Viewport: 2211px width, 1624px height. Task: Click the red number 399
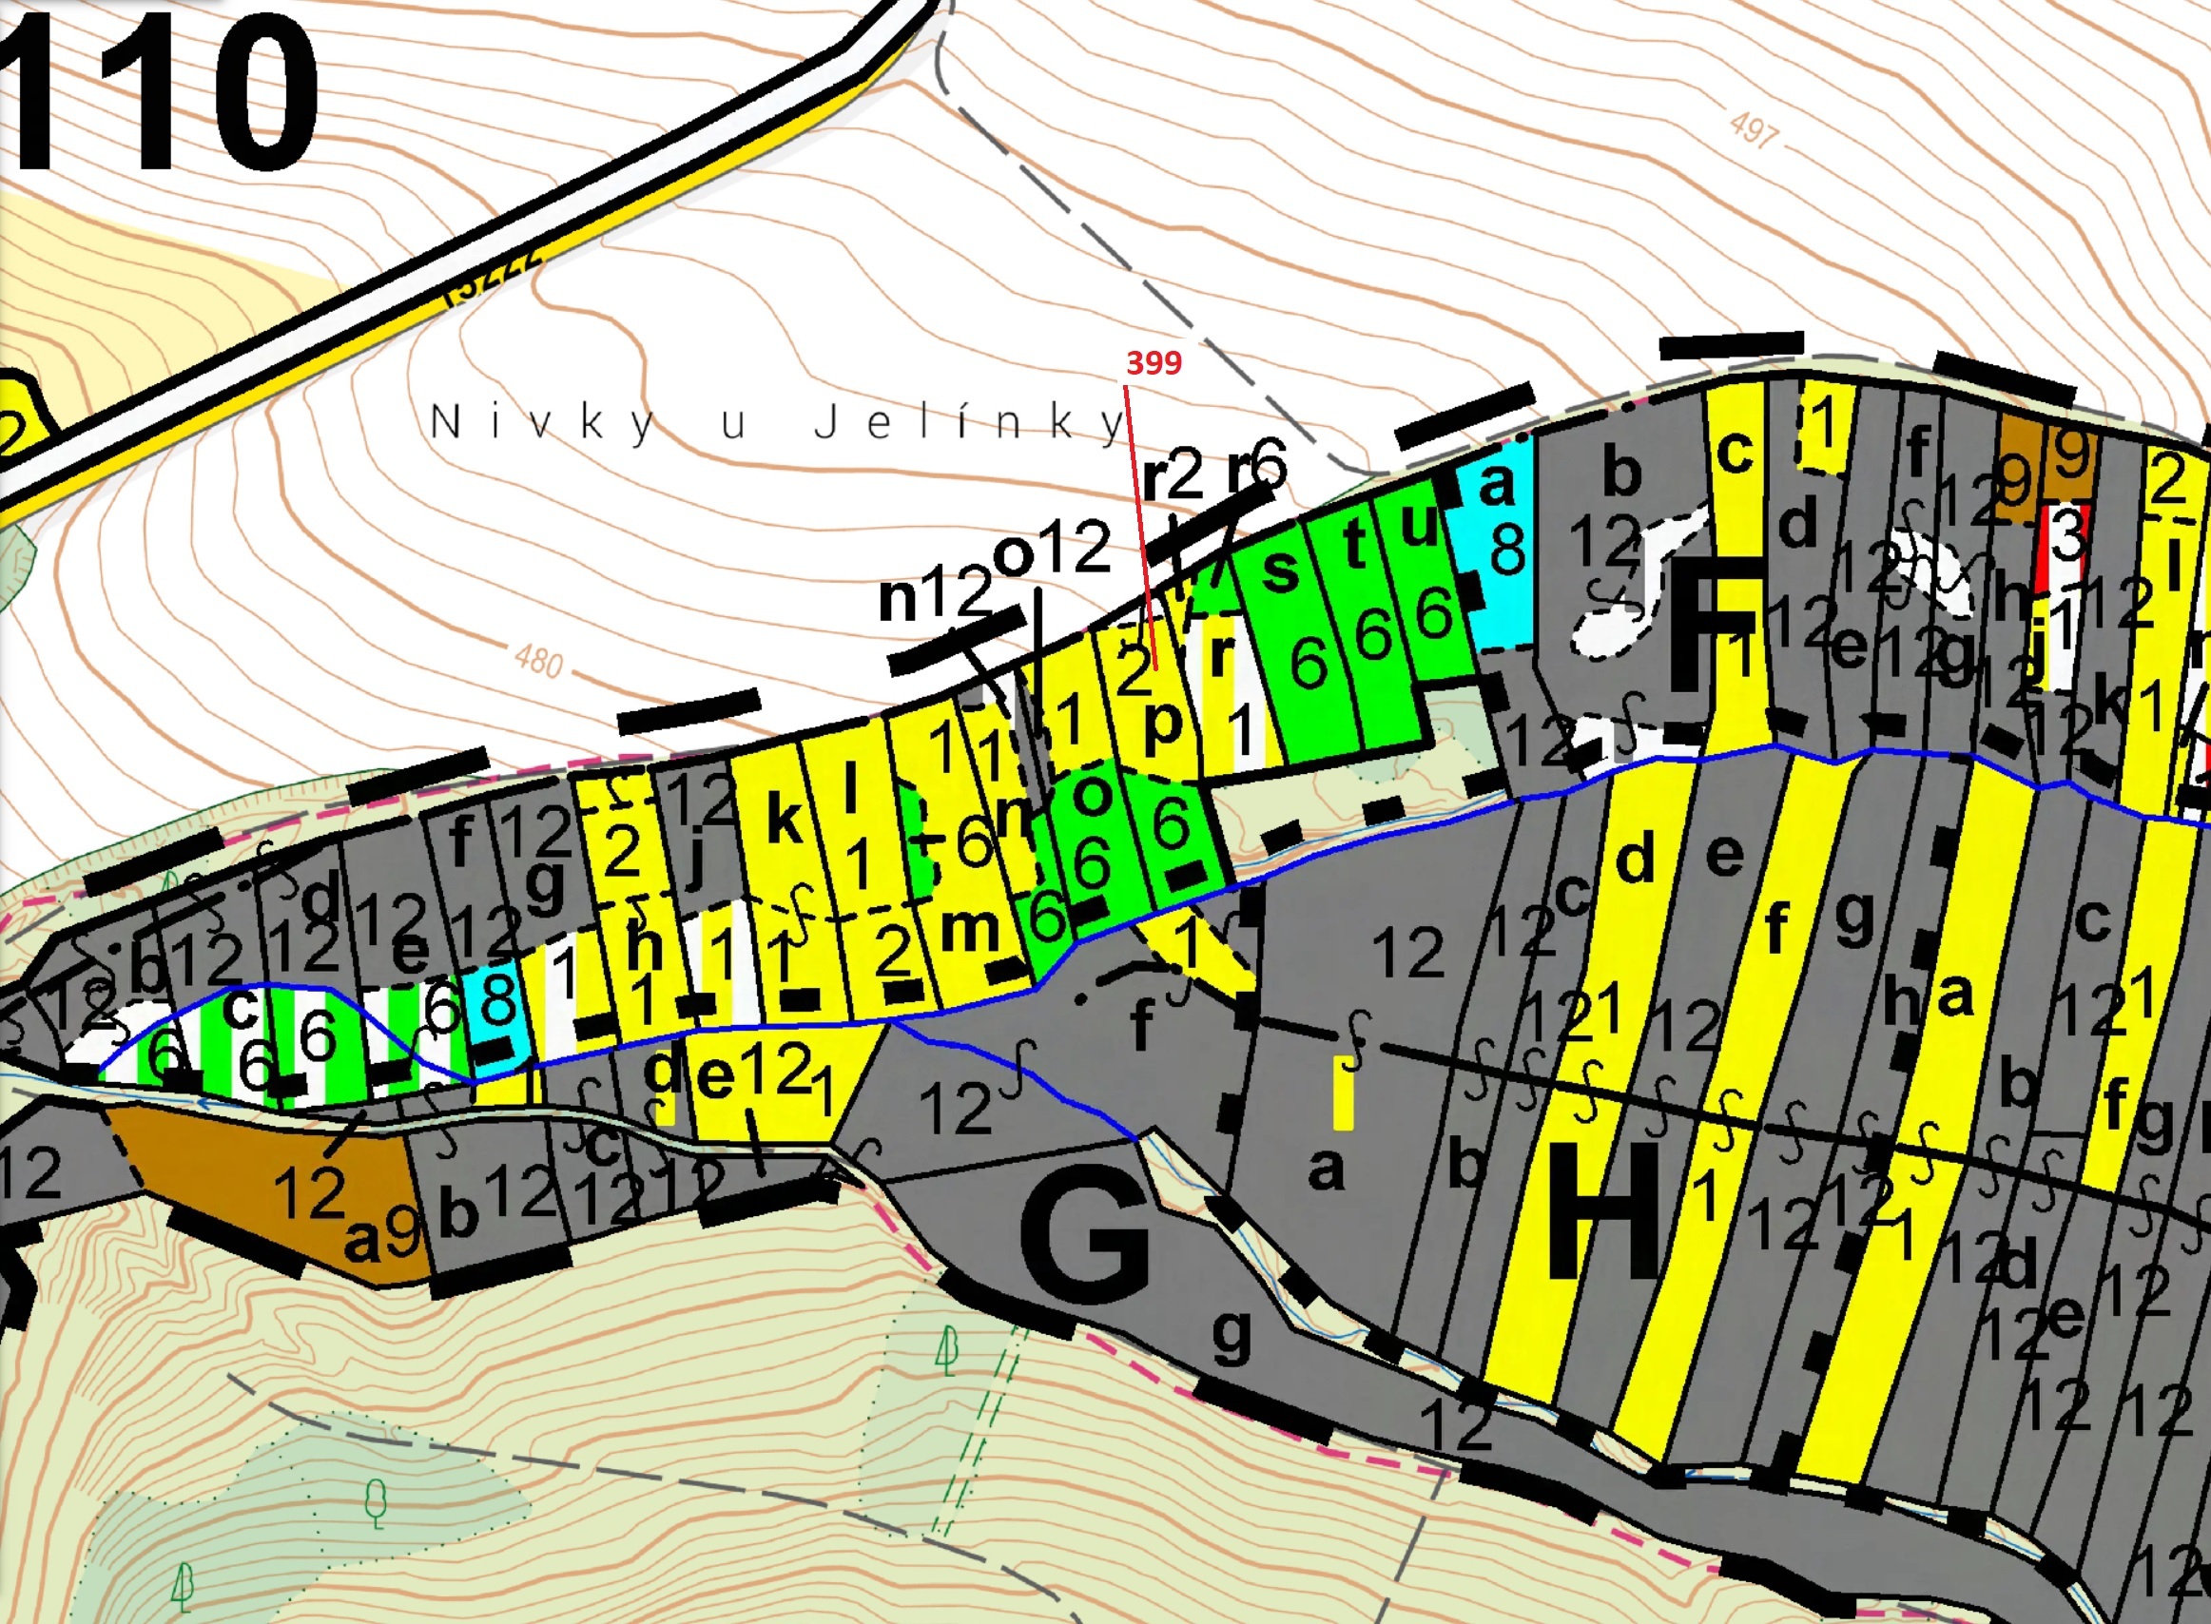point(1154,363)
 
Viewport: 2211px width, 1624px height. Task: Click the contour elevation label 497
point(1753,128)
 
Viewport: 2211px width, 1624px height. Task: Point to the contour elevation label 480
point(539,660)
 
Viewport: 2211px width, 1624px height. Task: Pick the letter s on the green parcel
point(1279,570)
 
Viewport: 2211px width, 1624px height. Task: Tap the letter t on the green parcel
point(1355,544)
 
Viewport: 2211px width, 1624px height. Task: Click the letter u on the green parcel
point(1418,528)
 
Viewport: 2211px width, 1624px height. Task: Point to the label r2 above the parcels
point(1173,475)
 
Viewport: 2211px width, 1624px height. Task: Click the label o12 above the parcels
point(1052,550)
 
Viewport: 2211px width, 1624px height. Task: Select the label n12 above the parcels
point(935,595)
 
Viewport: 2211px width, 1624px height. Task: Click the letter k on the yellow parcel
point(784,821)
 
